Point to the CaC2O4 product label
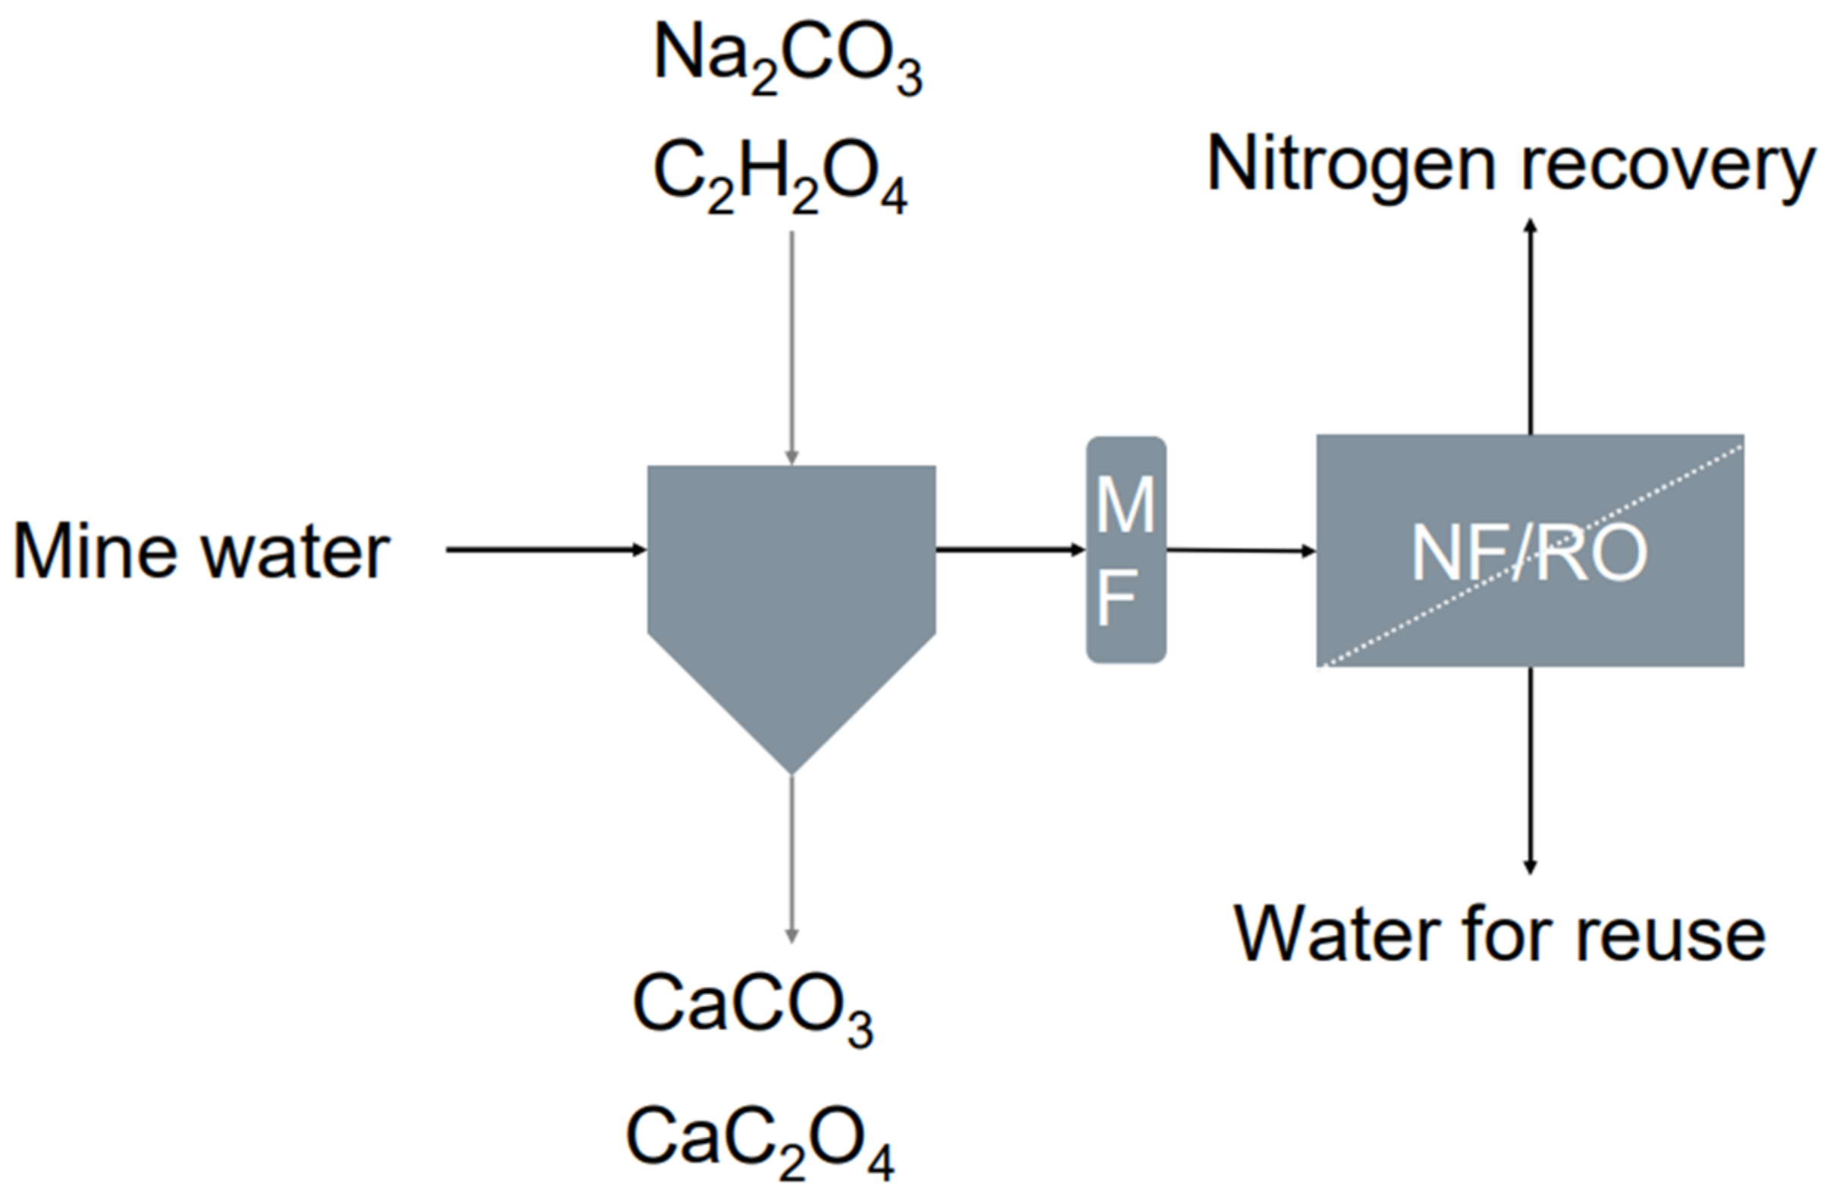pyautogui.click(x=760, y=1141)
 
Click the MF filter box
pyautogui.click(x=1125, y=549)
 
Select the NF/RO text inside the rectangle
pyautogui.click(x=1529, y=553)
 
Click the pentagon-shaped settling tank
pyautogui.click(x=791, y=585)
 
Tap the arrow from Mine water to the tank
pyautogui.click(x=545, y=549)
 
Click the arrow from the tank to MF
pyautogui.click(x=1010, y=549)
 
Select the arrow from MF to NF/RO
pyautogui.click(x=1240, y=550)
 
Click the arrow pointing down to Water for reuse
pyautogui.click(x=1531, y=771)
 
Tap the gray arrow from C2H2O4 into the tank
pyautogui.click(x=791, y=347)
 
